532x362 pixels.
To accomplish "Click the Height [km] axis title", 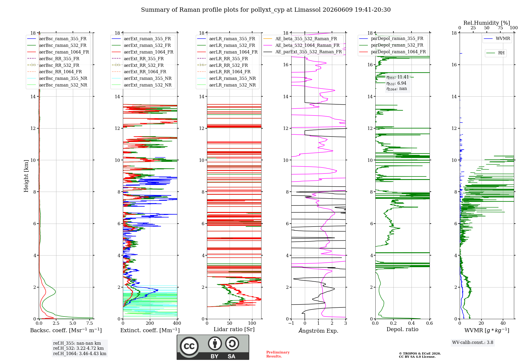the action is pos(26,176).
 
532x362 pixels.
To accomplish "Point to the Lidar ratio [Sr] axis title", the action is pos(234,329).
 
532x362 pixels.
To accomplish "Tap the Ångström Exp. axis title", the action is pos(318,331).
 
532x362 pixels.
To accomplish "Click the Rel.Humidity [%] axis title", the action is pos(487,23).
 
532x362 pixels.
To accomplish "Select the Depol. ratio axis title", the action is pos(402,329).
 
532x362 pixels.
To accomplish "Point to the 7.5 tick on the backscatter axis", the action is pos(90,323).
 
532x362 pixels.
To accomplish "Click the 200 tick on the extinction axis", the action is pos(150,323).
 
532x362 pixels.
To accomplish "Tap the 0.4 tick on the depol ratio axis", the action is pos(412,323).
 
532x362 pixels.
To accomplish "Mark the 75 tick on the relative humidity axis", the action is pos(500,28).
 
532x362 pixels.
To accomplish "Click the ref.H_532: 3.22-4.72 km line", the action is pos(78,348).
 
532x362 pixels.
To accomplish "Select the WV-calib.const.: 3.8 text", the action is pos(473,343).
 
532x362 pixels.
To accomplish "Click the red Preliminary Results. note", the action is pos(278,354).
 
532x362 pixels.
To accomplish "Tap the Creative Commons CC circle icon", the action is pos(189,346).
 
